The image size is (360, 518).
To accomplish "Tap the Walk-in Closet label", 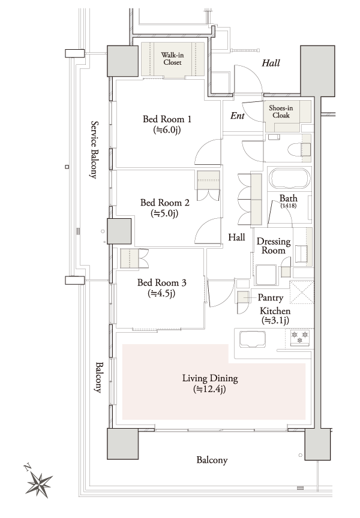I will (x=172, y=58).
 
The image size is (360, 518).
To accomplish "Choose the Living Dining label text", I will (x=210, y=384).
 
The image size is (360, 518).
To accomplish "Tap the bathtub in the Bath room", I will (x=289, y=179).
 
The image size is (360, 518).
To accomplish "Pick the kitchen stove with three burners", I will (x=299, y=338).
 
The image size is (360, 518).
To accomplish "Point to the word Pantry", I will (x=270, y=297).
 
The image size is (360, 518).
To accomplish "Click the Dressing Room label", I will (x=274, y=246).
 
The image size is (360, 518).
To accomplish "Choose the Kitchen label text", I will (x=275, y=311).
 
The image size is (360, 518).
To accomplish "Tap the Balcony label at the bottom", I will (x=212, y=460).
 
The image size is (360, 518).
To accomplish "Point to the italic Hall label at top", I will (x=271, y=62).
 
